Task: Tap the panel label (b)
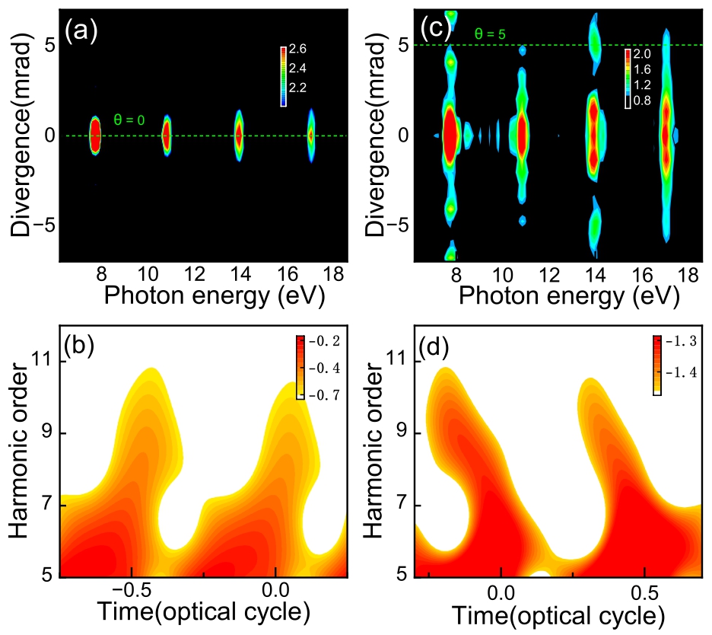tap(80, 347)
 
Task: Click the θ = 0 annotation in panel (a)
tap(128, 120)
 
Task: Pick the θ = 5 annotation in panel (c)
tap(488, 34)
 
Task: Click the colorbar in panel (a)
tap(283, 76)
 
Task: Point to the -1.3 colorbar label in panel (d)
tap(682, 340)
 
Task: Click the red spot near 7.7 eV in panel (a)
tap(95, 136)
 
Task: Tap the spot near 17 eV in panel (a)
tap(310, 136)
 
